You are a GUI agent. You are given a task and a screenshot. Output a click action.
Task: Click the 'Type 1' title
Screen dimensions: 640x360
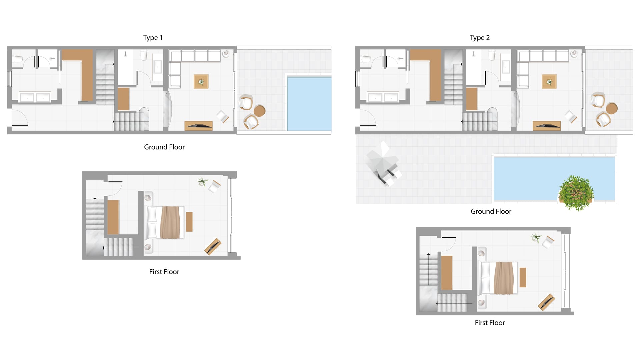(x=153, y=38)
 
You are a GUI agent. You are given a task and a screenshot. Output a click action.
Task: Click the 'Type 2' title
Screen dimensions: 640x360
(x=480, y=38)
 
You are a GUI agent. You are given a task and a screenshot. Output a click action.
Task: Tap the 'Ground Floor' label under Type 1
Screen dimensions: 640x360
(x=164, y=147)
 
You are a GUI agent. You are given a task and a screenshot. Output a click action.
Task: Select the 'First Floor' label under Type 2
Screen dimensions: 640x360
(x=490, y=323)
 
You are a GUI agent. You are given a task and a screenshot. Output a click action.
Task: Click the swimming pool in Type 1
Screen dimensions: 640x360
(x=309, y=104)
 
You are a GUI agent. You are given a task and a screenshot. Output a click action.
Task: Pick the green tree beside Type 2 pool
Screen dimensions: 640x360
(x=576, y=193)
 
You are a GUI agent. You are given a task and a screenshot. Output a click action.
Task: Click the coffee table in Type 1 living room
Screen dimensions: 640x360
(x=201, y=81)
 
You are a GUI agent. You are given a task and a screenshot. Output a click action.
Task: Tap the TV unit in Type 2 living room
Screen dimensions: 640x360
(x=547, y=126)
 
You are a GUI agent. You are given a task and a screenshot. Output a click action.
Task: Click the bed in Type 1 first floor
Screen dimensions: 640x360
(x=165, y=222)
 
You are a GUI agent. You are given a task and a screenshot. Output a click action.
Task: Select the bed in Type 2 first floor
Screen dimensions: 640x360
(x=498, y=278)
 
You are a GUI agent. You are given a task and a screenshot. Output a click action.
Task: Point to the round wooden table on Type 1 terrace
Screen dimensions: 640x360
(x=259, y=111)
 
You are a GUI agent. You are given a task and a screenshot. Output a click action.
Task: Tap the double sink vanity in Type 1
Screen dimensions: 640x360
(x=35, y=98)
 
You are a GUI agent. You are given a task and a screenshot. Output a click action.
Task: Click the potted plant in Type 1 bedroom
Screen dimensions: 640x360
(x=202, y=182)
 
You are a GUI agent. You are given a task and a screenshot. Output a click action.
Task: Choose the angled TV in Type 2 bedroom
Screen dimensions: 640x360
(x=546, y=302)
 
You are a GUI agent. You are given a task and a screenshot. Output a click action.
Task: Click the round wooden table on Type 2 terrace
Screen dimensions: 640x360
(x=612, y=108)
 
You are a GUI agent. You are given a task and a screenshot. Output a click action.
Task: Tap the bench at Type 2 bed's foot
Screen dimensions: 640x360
(x=523, y=277)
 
